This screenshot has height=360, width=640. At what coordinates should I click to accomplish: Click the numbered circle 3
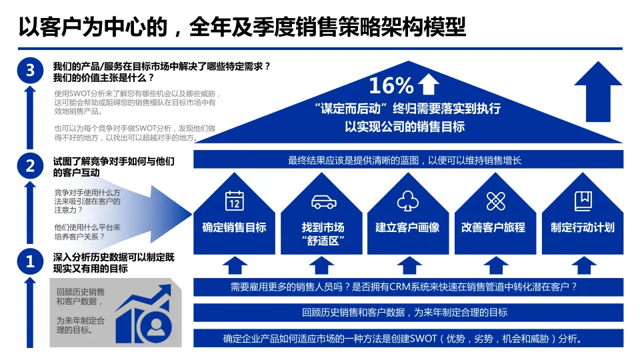pyautogui.click(x=29, y=71)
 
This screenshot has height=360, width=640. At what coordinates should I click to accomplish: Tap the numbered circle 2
pyautogui.click(x=29, y=166)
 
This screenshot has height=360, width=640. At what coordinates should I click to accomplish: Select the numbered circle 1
pyautogui.click(x=29, y=261)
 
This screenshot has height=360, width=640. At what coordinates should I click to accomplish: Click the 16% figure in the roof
pyautogui.click(x=391, y=85)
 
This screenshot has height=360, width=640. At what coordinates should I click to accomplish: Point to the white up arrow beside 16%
pyautogui.click(x=429, y=84)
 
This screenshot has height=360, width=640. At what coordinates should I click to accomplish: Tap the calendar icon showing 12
pyautogui.click(x=234, y=200)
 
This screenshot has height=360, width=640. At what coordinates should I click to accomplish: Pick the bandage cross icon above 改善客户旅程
pyautogui.click(x=494, y=201)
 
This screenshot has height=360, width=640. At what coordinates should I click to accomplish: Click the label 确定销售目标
pyautogui.click(x=234, y=227)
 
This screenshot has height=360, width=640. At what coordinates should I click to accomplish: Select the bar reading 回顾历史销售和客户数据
pyautogui.click(x=405, y=312)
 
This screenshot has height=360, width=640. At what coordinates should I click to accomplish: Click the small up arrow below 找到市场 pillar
pyautogui.click(x=322, y=266)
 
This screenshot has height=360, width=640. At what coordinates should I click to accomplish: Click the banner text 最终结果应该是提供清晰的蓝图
pyautogui.click(x=405, y=160)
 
